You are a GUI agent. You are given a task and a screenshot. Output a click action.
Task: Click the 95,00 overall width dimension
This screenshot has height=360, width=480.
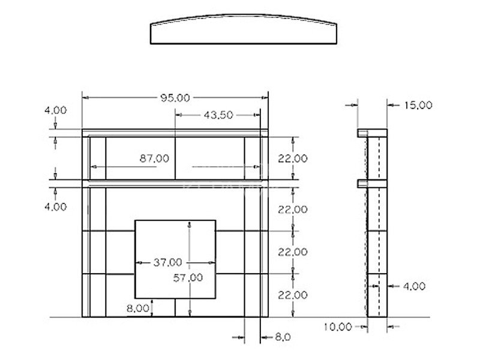point(175,98)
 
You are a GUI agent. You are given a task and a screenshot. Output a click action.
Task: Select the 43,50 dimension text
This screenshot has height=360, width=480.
point(218,115)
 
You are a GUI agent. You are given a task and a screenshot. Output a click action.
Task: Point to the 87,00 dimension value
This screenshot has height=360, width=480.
point(154,158)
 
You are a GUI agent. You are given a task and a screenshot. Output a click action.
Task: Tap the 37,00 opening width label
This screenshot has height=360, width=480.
point(168,262)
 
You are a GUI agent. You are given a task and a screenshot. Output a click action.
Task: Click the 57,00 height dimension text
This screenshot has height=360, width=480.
point(188,278)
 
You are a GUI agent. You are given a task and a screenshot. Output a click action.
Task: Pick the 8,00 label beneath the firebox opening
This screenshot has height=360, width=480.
point(138,308)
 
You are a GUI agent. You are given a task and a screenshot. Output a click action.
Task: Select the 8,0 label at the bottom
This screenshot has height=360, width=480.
point(283,337)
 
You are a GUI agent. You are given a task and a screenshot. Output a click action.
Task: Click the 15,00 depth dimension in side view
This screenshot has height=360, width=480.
point(418,106)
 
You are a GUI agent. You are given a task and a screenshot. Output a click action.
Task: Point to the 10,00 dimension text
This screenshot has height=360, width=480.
point(338,327)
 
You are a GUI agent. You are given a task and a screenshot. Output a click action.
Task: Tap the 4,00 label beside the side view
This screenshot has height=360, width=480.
point(414,287)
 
